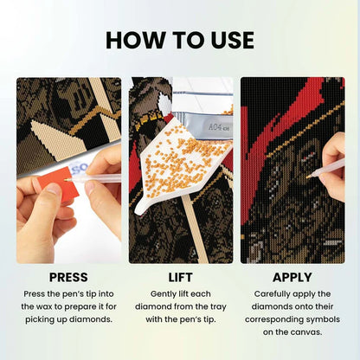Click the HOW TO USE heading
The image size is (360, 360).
180,40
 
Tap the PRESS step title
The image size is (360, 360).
68,277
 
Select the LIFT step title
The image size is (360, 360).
180,277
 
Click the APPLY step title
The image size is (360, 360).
292,277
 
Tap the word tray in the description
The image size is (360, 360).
217,307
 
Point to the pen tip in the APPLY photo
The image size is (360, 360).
307,177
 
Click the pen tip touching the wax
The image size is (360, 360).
66,179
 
